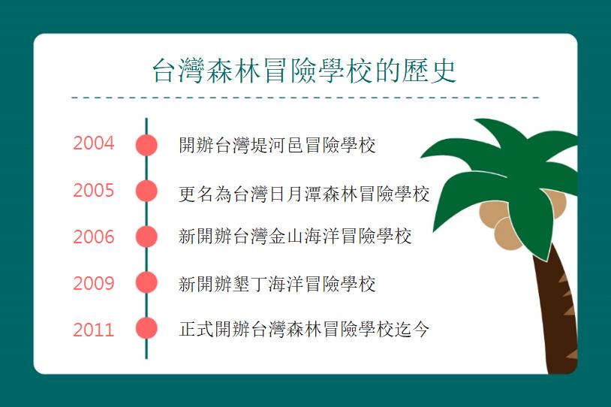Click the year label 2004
pyautogui.click(x=94, y=143)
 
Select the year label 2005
pyautogui.click(x=94, y=190)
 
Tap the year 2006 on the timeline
pyautogui.click(x=94, y=237)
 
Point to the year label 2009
pyautogui.click(x=94, y=283)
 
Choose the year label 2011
pyautogui.click(x=94, y=330)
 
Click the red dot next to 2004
pyautogui.click(x=146, y=145)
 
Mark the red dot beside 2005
pyautogui.click(x=146, y=191)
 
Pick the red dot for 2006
pyautogui.click(x=146, y=237)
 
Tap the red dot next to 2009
pyautogui.click(x=146, y=282)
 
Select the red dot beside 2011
pyautogui.click(x=146, y=328)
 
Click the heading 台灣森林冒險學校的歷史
pyautogui.click(x=304, y=71)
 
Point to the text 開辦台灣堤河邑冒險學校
pyautogui.click(x=277, y=145)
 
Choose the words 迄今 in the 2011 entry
pyautogui.click(x=411, y=330)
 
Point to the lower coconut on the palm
pyautogui.click(x=507, y=233)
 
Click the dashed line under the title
pyautogui.click(x=305, y=98)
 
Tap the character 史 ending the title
pyautogui.click(x=444, y=71)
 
